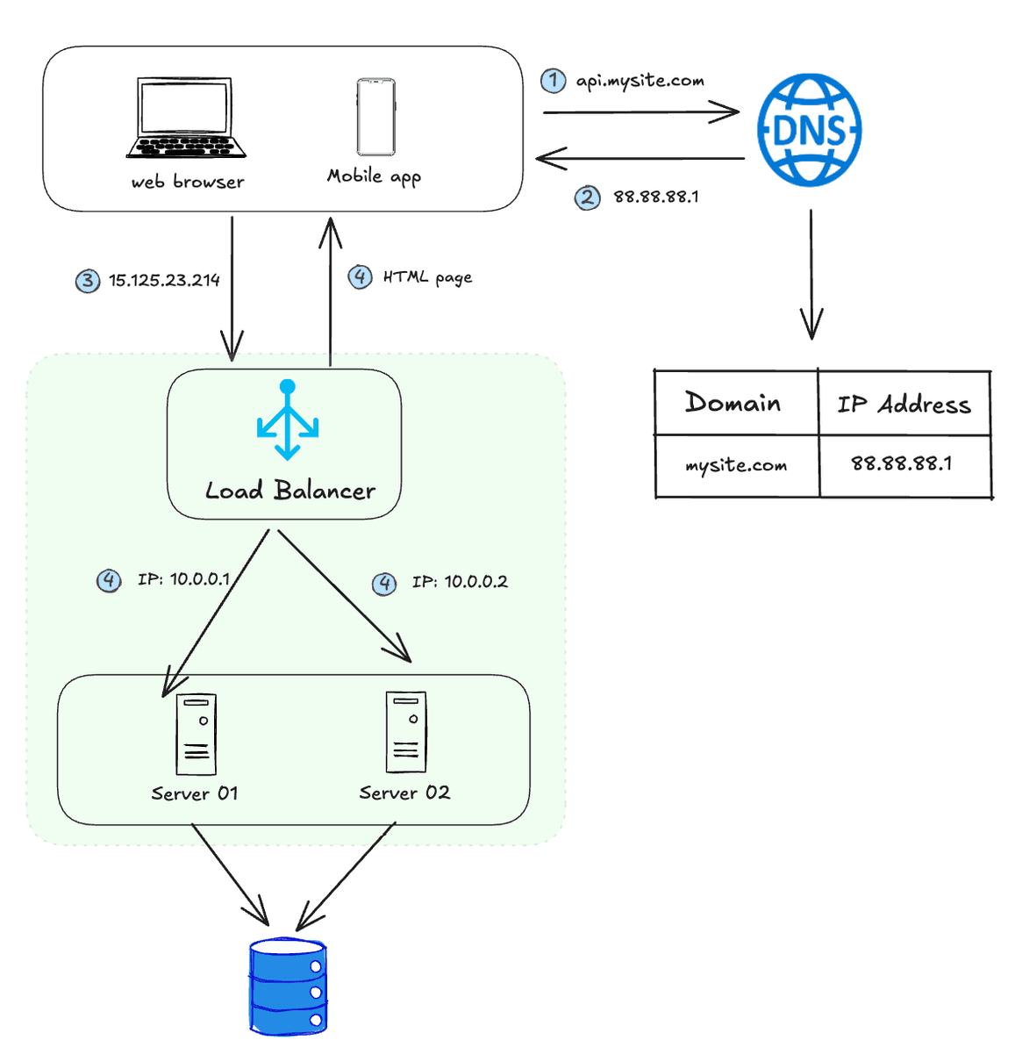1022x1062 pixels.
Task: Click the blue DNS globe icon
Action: coord(809,130)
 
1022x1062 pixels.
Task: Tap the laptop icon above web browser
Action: coord(186,118)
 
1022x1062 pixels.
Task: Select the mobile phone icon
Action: coord(375,117)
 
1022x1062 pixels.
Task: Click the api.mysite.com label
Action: coord(640,81)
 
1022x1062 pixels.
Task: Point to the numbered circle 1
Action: coord(553,81)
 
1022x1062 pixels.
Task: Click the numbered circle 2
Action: coord(587,197)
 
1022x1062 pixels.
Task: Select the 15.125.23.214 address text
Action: coord(164,280)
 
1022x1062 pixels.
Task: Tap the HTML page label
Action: coord(427,277)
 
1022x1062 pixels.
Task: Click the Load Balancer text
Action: coord(289,491)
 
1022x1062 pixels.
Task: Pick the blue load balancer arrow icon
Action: coord(287,420)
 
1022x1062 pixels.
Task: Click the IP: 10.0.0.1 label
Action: coord(183,579)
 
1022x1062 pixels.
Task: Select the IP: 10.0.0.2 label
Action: coord(460,582)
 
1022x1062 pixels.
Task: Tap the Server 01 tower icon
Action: coord(196,735)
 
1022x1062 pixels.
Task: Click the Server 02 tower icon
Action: coord(406,732)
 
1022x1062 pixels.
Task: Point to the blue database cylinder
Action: coord(288,987)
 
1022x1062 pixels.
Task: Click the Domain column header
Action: coord(733,403)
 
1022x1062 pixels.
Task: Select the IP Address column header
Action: coord(904,405)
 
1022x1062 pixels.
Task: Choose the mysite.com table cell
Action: coord(736,465)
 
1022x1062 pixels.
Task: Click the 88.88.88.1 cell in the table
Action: coord(901,463)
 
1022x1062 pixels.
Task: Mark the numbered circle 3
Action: coord(87,281)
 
